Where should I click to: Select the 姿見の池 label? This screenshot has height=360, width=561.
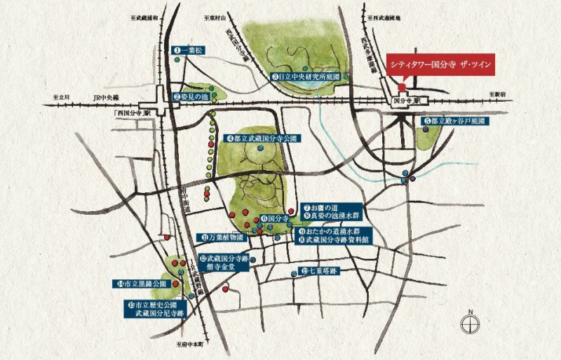point(192,96)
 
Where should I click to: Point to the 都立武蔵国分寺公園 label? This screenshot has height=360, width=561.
point(262,139)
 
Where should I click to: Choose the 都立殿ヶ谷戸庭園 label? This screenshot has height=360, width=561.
point(456,121)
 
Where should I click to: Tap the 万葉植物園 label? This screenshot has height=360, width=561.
point(222,237)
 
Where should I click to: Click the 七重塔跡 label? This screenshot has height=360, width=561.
point(320,272)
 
